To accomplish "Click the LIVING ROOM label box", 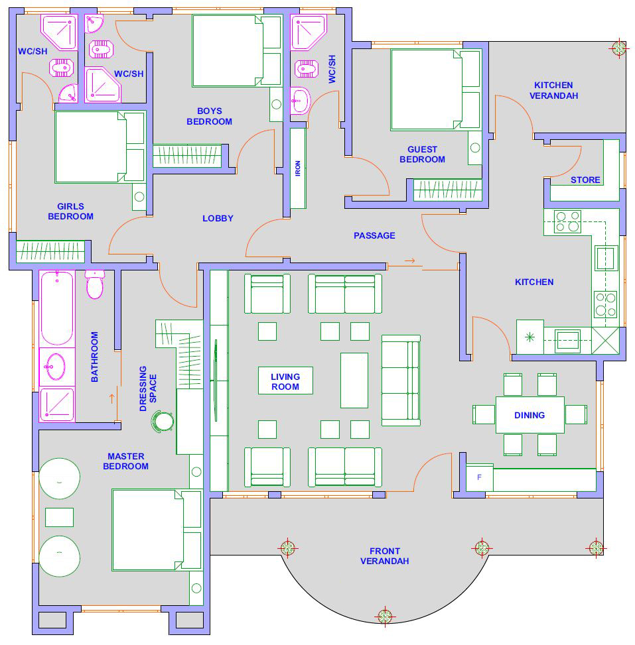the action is (285, 381).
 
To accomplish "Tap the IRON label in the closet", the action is (298, 168).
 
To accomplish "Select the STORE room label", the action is (585, 180).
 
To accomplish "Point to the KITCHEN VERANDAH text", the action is (553, 90).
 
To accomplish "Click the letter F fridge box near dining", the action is (479, 477).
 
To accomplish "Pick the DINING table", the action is (530, 415).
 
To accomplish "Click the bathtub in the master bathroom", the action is (57, 308).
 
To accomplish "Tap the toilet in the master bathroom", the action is (95, 284).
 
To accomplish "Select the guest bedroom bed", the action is (436, 89).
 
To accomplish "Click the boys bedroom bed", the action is (237, 51).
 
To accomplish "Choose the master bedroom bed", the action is (157, 530).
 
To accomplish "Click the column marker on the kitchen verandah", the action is (619, 48).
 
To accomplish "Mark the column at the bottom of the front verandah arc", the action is (385, 616).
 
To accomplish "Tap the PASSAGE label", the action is (374, 236).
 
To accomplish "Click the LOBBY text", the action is (218, 219).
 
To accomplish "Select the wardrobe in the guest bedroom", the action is (448, 190).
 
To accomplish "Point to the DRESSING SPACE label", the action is (148, 388).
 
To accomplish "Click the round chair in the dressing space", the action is (163, 422).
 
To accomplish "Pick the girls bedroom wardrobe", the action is (50, 251).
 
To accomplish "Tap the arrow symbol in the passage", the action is (410, 261).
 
